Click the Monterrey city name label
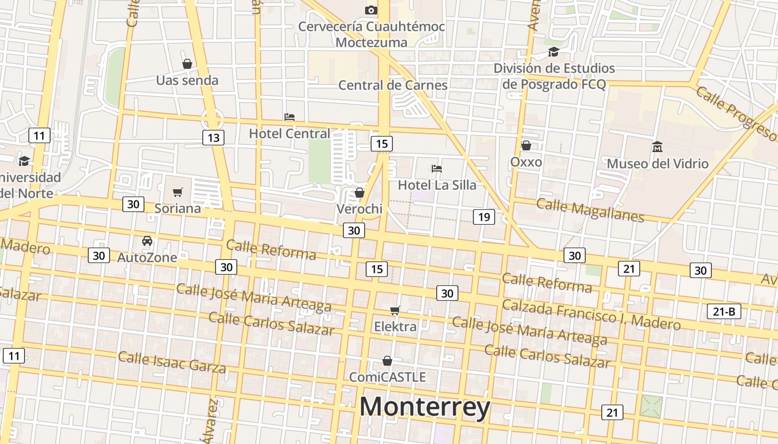pos(425,407)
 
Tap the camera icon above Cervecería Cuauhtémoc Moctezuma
pos(371,10)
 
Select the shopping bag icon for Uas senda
pos(187,64)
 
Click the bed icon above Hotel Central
pos(289,117)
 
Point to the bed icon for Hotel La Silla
pos(437,168)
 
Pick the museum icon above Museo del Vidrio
pos(657,147)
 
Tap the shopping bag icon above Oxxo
pos(526,145)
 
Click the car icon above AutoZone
pos(147,241)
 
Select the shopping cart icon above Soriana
pos(177,192)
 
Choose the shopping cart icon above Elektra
pos(395,310)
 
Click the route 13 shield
pos(213,138)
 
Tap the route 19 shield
pos(483,216)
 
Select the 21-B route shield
pos(724,311)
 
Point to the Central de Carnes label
pos(393,85)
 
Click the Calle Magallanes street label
pos(590,210)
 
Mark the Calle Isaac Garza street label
pos(172,361)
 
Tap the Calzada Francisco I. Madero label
pos(591,314)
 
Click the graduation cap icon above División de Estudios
pos(553,52)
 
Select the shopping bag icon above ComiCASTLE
pos(387,361)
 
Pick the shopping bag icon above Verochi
pos(360,193)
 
